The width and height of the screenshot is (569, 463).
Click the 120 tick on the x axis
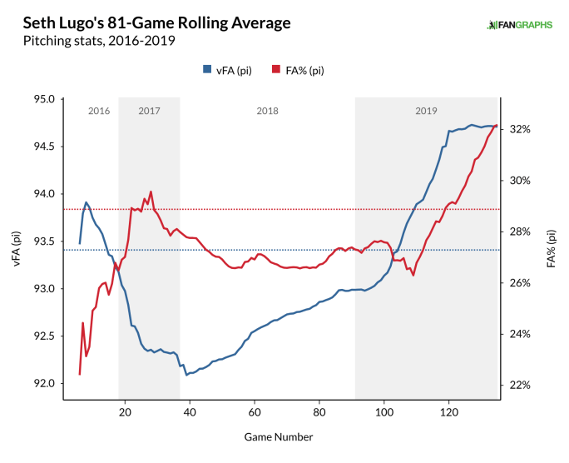449,412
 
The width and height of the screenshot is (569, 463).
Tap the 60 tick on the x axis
255,412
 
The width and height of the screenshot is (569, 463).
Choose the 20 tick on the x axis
125,412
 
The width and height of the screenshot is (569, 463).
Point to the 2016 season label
98,111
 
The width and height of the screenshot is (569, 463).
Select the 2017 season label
150,111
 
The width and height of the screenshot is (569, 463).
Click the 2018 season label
267,111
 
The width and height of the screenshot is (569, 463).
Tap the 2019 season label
426,111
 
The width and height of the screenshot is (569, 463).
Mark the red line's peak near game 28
151,192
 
